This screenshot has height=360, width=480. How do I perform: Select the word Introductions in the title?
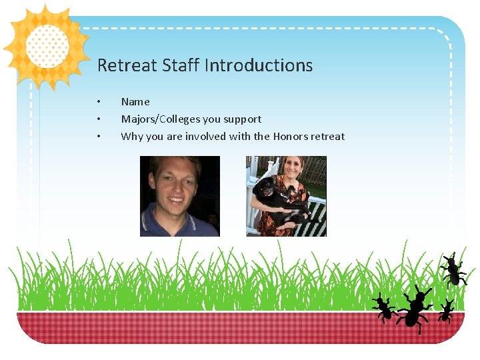click(259, 65)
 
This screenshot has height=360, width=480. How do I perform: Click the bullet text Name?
click(135, 102)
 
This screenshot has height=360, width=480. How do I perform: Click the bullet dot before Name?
click(98, 102)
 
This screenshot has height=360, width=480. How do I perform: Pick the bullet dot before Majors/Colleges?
click(98, 119)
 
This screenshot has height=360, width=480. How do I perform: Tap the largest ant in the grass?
click(415, 308)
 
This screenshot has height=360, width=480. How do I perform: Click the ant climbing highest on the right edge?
click(453, 269)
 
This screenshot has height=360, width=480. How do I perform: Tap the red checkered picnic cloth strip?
click(200, 327)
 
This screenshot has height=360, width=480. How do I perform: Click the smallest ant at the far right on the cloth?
click(446, 311)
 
